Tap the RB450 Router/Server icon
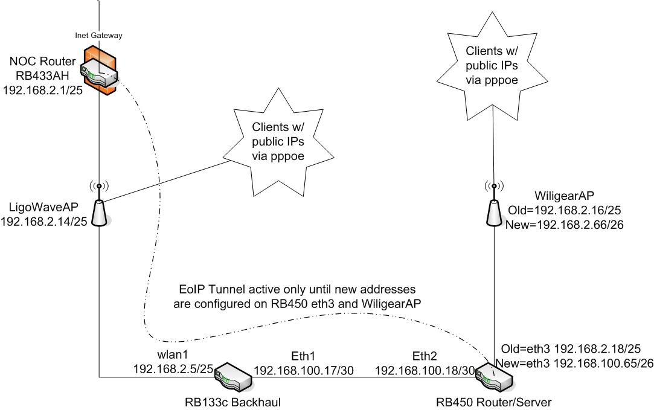click(494, 379)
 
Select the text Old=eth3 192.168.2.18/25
click(571, 349)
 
